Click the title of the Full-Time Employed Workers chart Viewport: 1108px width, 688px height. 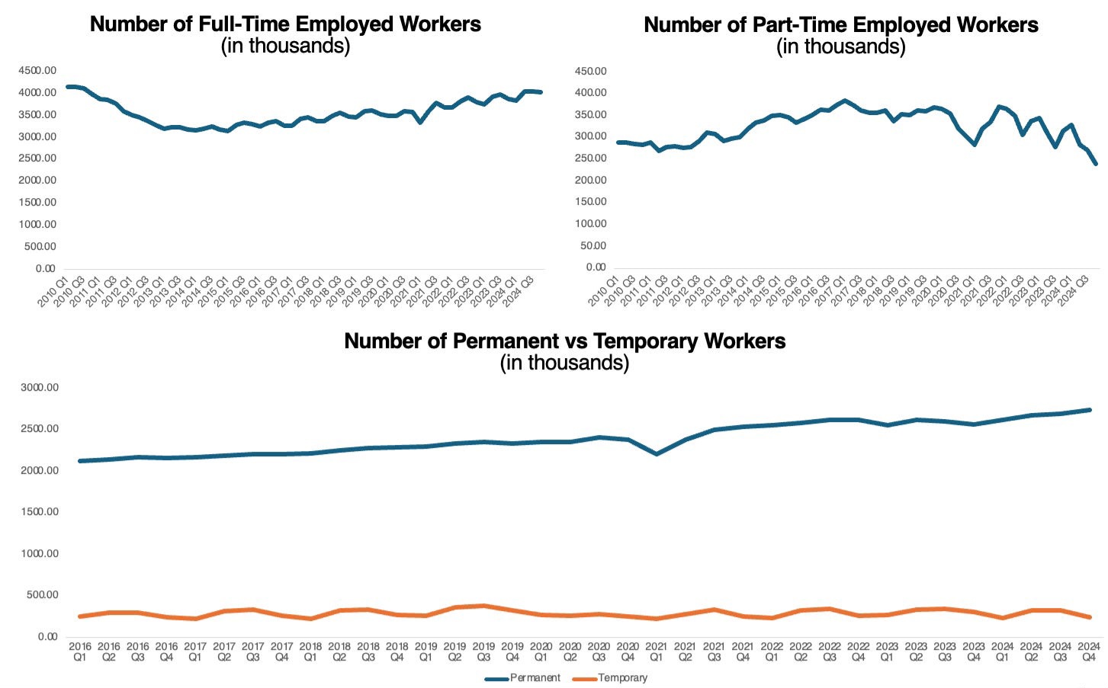click(285, 24)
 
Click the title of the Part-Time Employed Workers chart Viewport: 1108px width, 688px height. click(840, 25)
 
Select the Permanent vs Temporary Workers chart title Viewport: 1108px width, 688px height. click(564, 341)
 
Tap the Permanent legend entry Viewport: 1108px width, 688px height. click(523, 677)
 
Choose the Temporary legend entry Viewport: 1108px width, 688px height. click(611, 677)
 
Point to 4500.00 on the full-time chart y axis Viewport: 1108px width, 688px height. click(37, 70)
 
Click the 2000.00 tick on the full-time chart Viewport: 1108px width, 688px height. click(37, 180)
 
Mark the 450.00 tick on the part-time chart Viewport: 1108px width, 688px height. click(590, 71)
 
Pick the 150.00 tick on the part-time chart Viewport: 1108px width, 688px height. click(590, 202)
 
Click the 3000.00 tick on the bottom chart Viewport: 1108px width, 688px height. click(40, 387)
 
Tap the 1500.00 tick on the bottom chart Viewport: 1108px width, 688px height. click(40, 512)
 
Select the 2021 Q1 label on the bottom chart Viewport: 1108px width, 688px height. click(656, 651)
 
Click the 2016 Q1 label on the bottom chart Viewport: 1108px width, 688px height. click(80, 651)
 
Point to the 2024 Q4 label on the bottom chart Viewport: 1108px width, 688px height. click(1088, 651)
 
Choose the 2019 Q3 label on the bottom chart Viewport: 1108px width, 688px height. click(483, 651)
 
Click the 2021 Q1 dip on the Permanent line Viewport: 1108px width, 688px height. click(656, 454)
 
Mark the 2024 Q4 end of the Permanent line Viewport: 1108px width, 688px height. click(1089, 410)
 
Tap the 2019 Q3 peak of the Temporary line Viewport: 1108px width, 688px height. click(483, 606)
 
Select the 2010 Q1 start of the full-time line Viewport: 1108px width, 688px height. click(68, 87)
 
